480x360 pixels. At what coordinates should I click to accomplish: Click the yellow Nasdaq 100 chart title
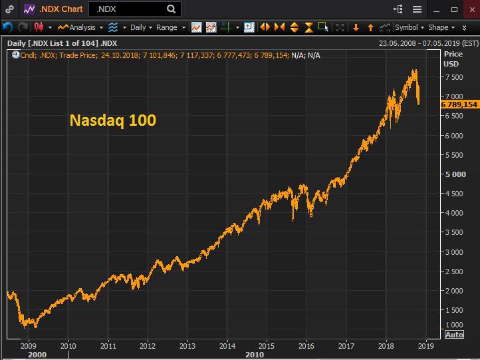[x=113, y=120]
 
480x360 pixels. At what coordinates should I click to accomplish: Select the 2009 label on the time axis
[x=28, y=345]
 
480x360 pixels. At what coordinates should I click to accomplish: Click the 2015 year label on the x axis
[x=267, y=345]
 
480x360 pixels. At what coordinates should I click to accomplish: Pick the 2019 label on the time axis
[x=425, y=345]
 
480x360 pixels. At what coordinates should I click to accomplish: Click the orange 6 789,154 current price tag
[x=459, y=104]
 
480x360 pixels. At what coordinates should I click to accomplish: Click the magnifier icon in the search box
[x=172, y=9]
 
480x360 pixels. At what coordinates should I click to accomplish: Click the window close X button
[x=471, y=9]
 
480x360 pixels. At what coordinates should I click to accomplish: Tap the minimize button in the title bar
[x=436, y=9]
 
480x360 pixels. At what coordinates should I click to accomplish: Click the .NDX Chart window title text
[x=61, y=9]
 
